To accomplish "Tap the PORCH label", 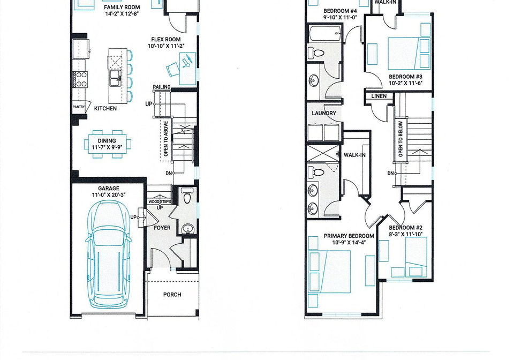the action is (x=172, y=295).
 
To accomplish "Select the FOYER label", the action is (x=162, y=228).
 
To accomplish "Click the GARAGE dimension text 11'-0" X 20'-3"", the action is (x=109, y=195).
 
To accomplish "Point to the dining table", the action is (x=107, y=144).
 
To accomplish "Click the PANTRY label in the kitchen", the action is (x=79, y=107).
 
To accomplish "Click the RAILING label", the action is (x=162, y=87).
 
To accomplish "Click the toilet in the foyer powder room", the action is (x=187, y=196).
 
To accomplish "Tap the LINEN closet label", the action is (x=379, y=96).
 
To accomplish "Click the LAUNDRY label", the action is (x=324, y=113).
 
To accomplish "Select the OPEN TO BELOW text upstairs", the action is (x=400, y=139).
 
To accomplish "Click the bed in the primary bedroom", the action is (x=330, y=272).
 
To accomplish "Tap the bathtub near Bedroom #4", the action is (x=326, y=33).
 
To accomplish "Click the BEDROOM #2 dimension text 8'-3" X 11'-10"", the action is (x=406, y=234).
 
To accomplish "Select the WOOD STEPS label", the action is (x=160, y=201).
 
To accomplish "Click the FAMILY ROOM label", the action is (x=122, y=7).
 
